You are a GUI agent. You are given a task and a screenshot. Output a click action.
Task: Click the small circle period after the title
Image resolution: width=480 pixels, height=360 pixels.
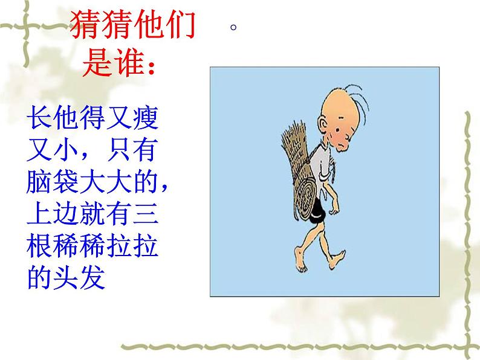point(233,27)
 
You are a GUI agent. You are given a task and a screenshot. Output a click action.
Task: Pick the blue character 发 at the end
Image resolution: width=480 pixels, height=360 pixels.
point(93,276)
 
